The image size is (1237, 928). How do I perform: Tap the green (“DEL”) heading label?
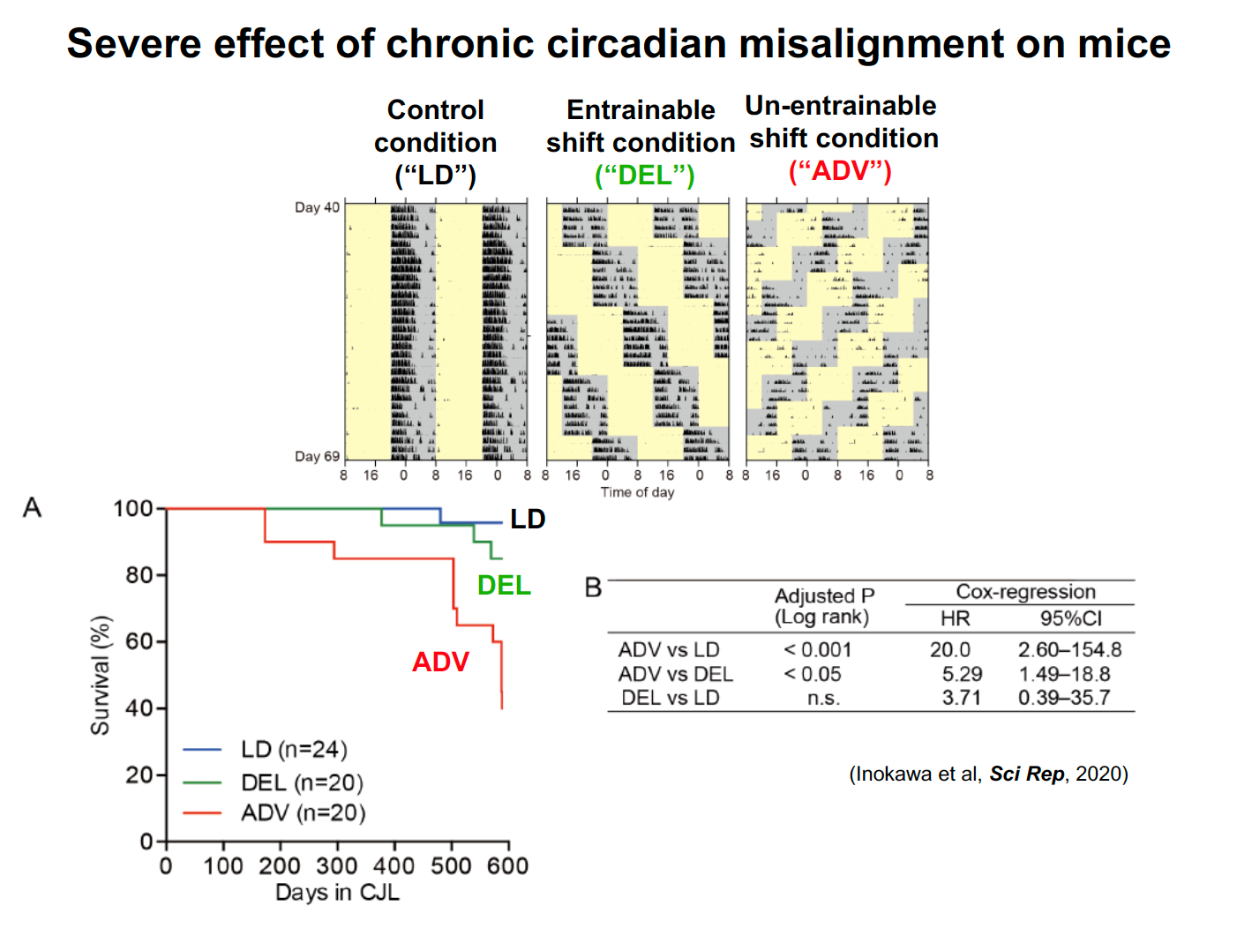tap(645, 176)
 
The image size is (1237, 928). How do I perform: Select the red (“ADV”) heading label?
tap(840, 171)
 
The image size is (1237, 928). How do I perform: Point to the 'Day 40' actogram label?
tap(317, 207)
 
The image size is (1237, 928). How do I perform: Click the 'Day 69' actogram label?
tap(317, 456)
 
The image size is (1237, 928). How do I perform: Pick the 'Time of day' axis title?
tap(637, 492)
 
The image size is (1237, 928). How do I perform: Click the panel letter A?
tap(33, 507)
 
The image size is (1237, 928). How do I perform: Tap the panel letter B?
tap(594, 587)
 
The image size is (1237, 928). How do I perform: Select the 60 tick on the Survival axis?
tap(139, 641)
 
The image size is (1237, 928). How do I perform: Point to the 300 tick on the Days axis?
tap(337, 866)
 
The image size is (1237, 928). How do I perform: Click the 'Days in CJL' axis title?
tap(337, 893)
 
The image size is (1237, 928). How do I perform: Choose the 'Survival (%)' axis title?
tap(101, 676)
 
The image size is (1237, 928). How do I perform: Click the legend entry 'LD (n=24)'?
tap(294, 750)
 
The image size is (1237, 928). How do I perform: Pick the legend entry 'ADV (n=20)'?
tap(303, 812)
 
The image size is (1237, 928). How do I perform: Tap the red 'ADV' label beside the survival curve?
tap(440, 662)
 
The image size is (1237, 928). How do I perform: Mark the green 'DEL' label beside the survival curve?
tap(504, 586)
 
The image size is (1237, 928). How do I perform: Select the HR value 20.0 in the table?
tap(949, 650)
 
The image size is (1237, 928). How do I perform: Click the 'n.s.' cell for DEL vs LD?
tap(823, 698)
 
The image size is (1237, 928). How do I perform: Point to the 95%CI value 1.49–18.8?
tap(1064, 674)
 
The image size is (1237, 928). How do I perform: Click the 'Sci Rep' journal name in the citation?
tap(1027, 774)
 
